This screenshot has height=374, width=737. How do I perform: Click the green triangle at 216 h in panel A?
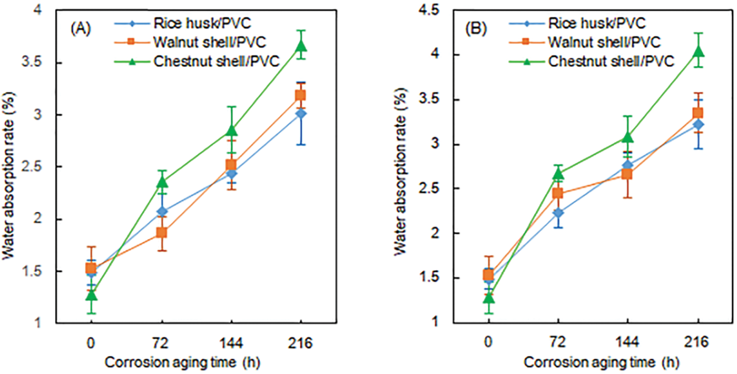tap(301, 46)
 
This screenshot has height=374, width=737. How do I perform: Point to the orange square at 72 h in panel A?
tap(161, 232)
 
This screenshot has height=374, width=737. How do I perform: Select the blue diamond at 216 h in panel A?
tap(301, 114)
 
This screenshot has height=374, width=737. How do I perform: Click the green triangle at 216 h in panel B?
tap(698, 52)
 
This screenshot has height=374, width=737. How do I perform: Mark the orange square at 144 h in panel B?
tap(627, 174)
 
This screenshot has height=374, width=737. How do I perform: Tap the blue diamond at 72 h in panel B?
tap(558, 213)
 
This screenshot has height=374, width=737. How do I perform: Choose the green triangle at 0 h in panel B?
tap(488, 298)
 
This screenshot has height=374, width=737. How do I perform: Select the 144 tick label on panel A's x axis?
tap(231, 343)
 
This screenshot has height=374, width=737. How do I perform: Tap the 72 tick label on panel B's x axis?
tap(558, 343)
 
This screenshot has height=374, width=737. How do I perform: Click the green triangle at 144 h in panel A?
tap(231, 131)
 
